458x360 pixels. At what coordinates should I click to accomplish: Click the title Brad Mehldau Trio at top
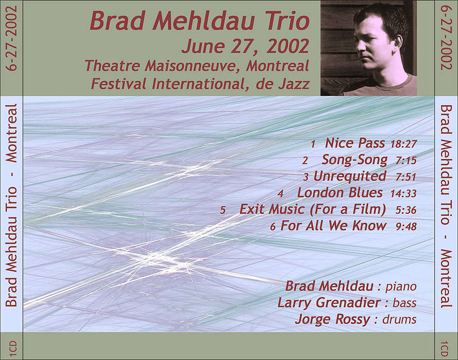(200, 21)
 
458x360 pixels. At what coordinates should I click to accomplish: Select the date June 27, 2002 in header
(246, 46)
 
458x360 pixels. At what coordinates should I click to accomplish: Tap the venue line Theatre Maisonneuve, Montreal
(197, 66)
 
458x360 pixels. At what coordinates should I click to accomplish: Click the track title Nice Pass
(355, 143)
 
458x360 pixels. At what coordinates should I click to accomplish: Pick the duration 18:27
(403, 144)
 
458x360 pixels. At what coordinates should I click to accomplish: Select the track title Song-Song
(355, 160)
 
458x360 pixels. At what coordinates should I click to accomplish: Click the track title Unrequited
(349, 176)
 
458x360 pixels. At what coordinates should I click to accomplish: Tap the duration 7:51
(406, 177)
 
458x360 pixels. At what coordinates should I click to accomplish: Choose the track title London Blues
(340, 193)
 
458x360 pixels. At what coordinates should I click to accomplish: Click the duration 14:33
(403, 193)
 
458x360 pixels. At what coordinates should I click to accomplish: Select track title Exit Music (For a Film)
(313, 209)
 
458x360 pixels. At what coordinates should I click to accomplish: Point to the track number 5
(223, 210)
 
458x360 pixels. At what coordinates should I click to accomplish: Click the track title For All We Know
(333, 226)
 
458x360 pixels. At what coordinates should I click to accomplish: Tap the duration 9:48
(406, 227)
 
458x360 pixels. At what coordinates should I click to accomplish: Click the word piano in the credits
(401, 287)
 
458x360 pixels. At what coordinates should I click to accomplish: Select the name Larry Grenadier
(329, 303)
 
